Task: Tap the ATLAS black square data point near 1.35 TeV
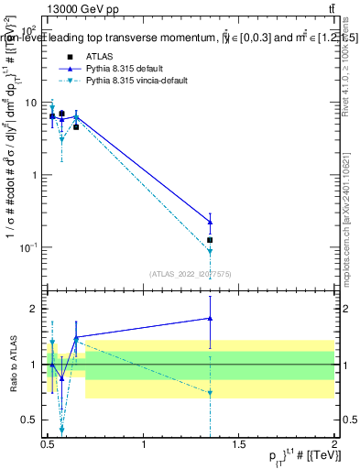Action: tap(211, 240)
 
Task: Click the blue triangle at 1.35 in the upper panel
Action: tap(211, 222)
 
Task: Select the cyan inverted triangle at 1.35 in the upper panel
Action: tap(211, 251)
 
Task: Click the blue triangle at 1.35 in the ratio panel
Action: tap(211, 318)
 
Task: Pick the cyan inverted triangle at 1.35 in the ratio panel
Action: tap(211, 393)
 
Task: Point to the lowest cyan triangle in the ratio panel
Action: tap(61, 429)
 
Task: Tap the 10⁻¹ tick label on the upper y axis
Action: tap(30, 247)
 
